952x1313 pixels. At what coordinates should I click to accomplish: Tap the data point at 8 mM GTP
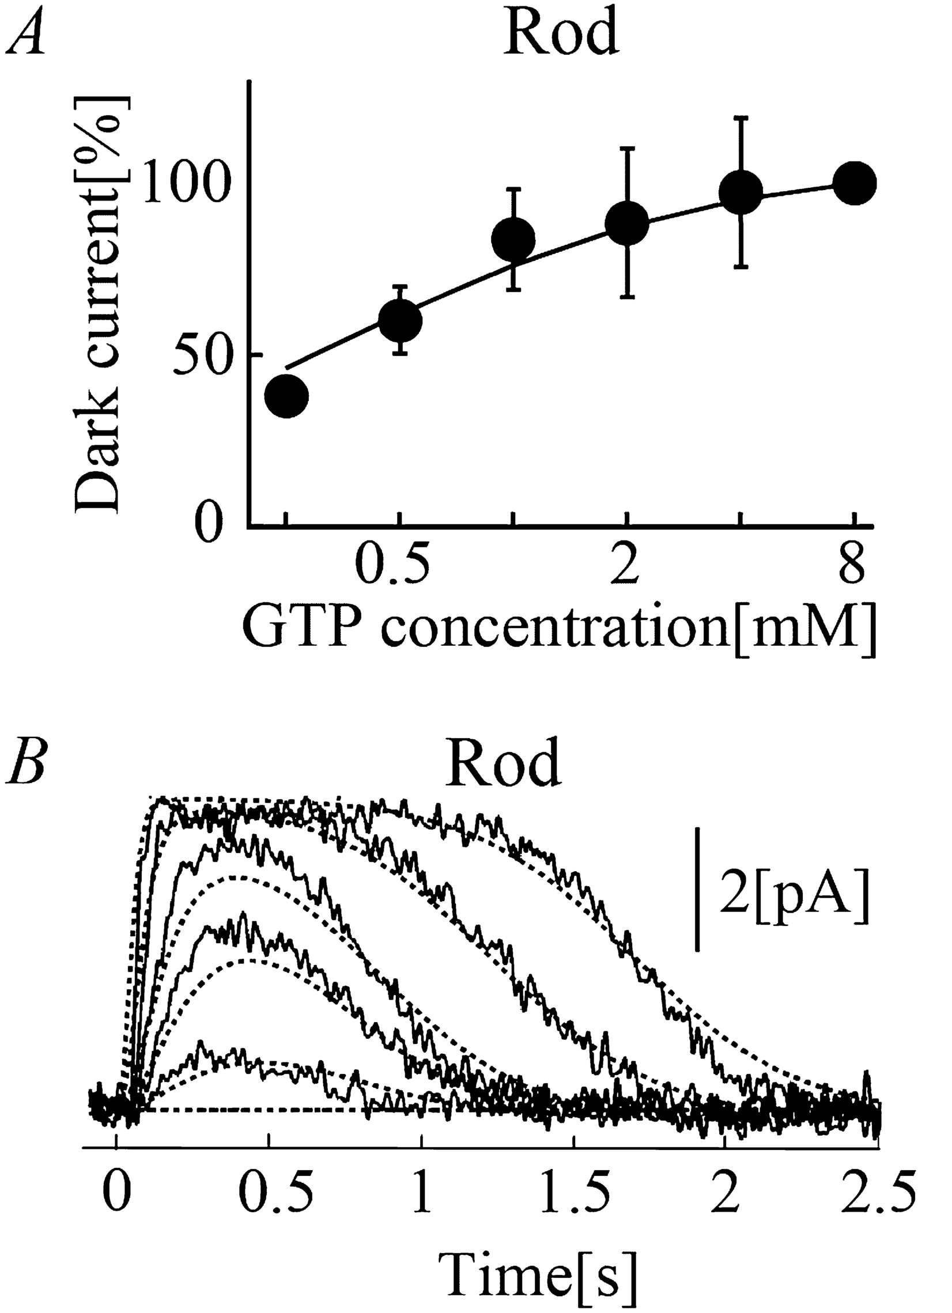[855, 183]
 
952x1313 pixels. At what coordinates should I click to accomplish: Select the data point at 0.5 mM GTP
[399, 320]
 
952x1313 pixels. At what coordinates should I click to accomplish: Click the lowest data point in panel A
[286, 396]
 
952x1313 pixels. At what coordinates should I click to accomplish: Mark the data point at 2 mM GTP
[626, 223]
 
